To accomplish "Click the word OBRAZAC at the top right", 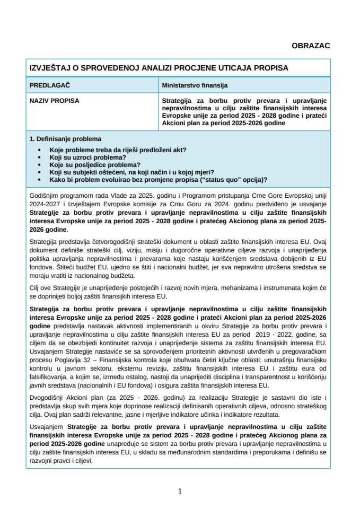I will (x=311, y=46).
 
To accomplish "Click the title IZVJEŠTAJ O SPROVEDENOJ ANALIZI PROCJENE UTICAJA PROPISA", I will (x=159, y=68).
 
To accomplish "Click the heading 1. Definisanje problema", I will (x=65, y=139).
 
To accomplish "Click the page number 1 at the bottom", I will (x=180, y=491).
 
